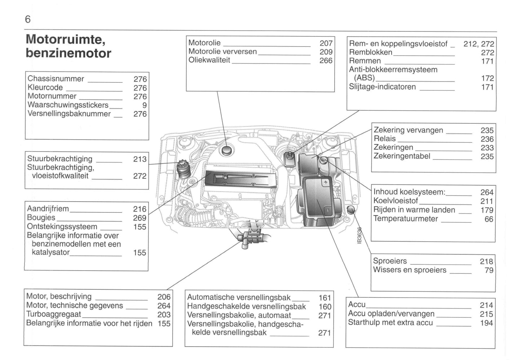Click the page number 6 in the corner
28,19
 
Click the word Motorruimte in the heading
65,39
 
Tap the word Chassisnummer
56,79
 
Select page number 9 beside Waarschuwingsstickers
144,105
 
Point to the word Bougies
41,218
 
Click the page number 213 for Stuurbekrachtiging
140,159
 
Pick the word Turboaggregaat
54,314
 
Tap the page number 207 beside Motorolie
326,43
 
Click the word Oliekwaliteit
209,60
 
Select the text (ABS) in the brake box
364,78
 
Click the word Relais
385,139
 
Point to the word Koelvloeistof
396,201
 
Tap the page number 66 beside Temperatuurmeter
489,219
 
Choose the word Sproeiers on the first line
390,261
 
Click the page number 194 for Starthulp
486,323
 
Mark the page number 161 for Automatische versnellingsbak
325,298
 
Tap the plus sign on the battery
325,183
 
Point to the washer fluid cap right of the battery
350,210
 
